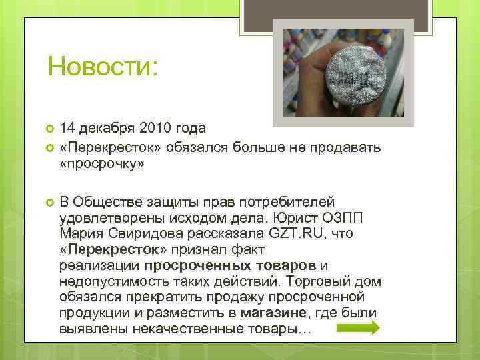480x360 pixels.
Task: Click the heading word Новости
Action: point(103,67)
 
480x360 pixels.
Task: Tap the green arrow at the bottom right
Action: point(358,327)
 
